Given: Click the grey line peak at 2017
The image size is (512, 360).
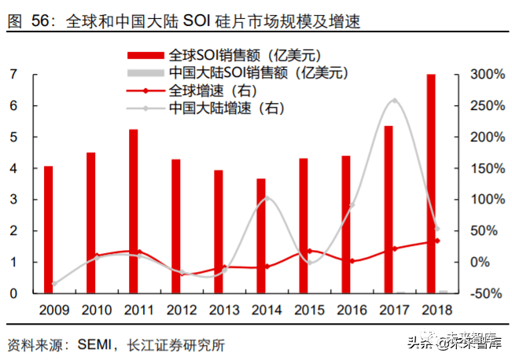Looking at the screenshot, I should click(x=394, y=100).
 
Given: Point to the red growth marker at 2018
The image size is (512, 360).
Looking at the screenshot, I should click(x=437, y=241).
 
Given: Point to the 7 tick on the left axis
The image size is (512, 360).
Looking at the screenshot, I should click(x=13, y=75).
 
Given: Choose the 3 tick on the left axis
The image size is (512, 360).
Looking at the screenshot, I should click(x=13, y=200).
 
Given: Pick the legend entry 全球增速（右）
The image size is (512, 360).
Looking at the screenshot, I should click(x=204, y=90).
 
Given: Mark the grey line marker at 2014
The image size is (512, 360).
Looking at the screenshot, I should click(x=267, y=197).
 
